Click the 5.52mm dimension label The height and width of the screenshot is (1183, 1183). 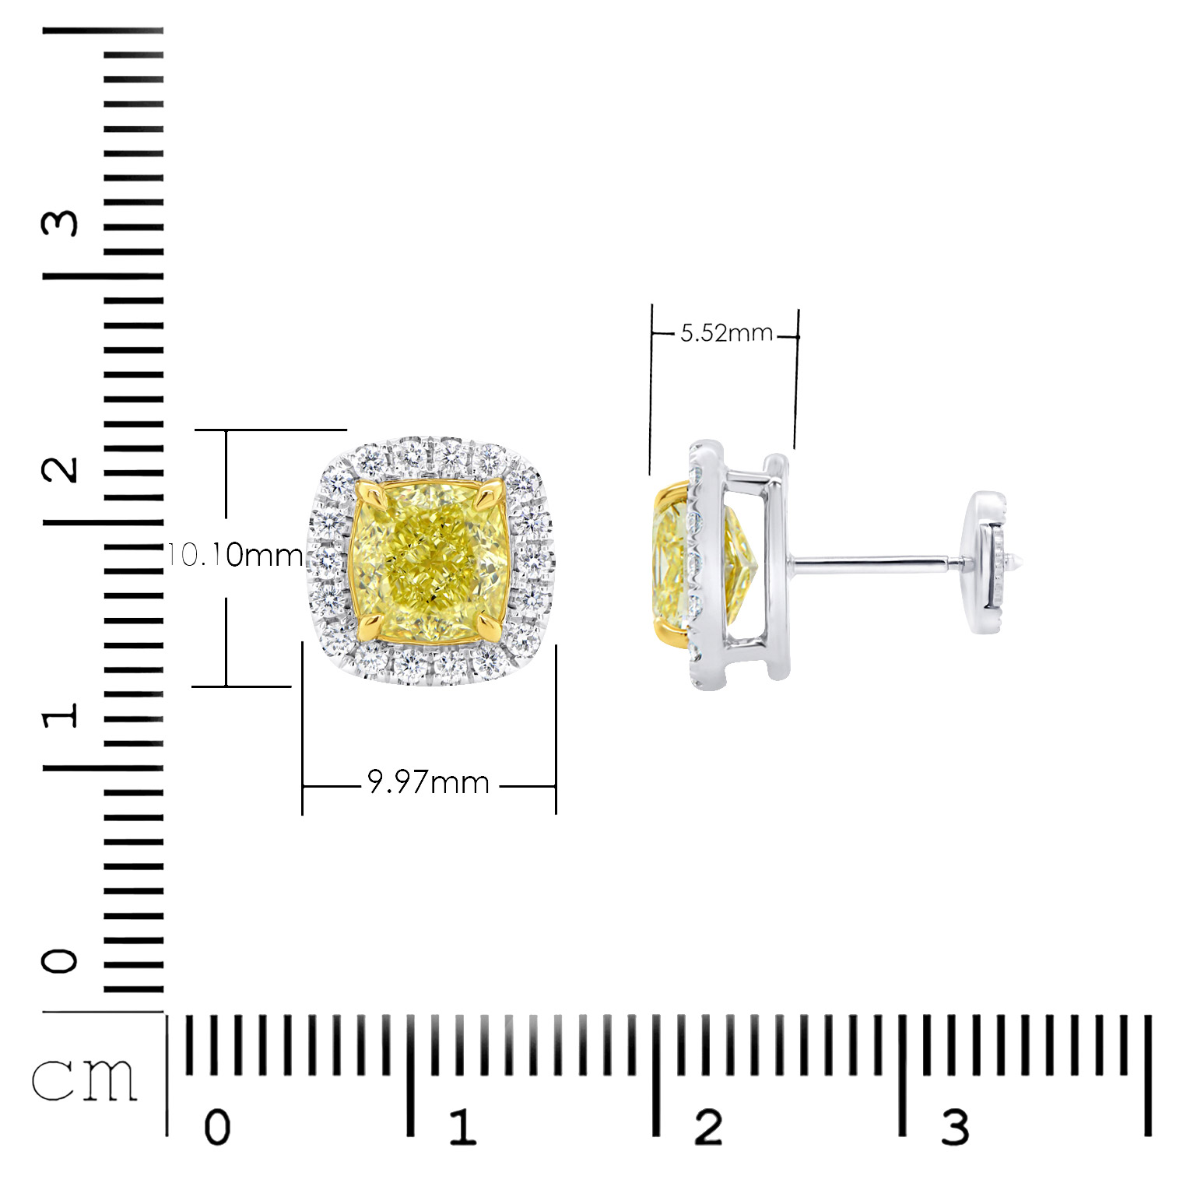click(726, 334)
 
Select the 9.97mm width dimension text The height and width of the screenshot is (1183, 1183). click(429, 782)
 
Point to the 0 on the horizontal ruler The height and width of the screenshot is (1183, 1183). click(216, 1127)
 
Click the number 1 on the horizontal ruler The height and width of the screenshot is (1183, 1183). click(462, 1127)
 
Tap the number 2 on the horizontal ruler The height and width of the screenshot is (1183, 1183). click(708, 1127)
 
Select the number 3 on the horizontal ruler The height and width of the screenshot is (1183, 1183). click(955, 1127)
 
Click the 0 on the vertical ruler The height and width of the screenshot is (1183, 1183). click(61, 961)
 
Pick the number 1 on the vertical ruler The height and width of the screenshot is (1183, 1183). click(61, 714)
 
